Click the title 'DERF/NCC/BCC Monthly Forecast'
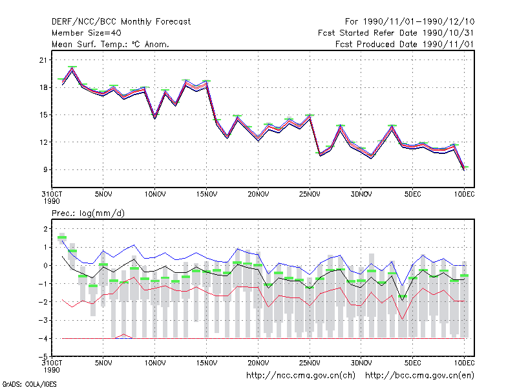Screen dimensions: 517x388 tap(121, 22)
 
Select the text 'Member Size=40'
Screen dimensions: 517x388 tap(87, 33)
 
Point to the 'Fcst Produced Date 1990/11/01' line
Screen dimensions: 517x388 tap(405, 44)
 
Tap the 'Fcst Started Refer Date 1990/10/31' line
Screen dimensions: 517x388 tap(396, 33)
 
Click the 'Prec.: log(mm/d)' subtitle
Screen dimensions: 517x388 tap(88, 213)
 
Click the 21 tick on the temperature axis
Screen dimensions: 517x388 tap(43, 60)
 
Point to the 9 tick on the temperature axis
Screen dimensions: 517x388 tap(45, 169)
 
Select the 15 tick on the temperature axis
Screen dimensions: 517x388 tap(43, 115)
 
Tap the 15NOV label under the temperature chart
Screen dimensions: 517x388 tap(207, 194)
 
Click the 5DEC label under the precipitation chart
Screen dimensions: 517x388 tap(413, 363)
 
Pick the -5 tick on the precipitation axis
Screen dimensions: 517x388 tap(43, 357)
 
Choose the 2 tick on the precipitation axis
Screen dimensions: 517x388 tap(45, 229)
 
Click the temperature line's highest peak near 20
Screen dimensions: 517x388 tap(72, 69)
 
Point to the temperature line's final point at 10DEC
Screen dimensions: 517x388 tap(464, 169)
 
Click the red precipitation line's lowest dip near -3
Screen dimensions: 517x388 tap(402, 319)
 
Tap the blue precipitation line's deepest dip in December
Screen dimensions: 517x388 tap(402, 286)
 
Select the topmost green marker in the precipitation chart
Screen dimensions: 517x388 tap(62, 237)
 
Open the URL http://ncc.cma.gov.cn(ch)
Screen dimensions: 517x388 tap(301, 376)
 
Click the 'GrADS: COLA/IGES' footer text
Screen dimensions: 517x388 tap(30, 384)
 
